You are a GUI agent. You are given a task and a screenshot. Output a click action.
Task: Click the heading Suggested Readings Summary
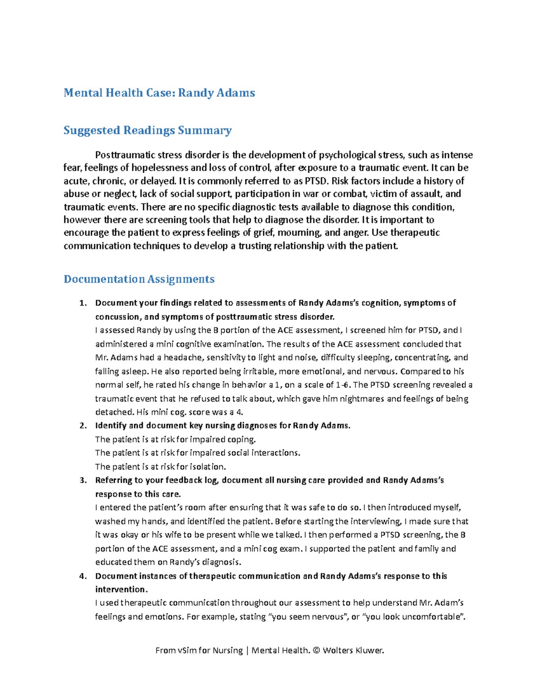pyautogui.click(x=148, y=131)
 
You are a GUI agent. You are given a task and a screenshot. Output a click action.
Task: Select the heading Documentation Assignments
pyautogui.click(x=139, y=279)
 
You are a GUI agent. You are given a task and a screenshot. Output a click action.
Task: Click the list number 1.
pyautogui.click(x=82, y=303)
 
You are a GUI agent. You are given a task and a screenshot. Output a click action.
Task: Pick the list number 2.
pyautogui.click(x=82, y=426)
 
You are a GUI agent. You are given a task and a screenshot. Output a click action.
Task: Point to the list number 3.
pyautogui.click(x=82, y=480)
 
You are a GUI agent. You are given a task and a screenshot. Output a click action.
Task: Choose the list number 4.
pyautogui.click(x=82, y=576)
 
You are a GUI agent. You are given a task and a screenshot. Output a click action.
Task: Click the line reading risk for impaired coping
pyautogui.click(x=175, y=439)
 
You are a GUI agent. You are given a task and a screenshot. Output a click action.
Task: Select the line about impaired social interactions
pyautogui.click(x=198, y=453)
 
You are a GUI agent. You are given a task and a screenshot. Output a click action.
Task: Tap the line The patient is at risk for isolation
pyautogui.click(x=161, y=467)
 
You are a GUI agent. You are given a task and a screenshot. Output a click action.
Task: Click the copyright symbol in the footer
pyautogui.click(x=316, y=650)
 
